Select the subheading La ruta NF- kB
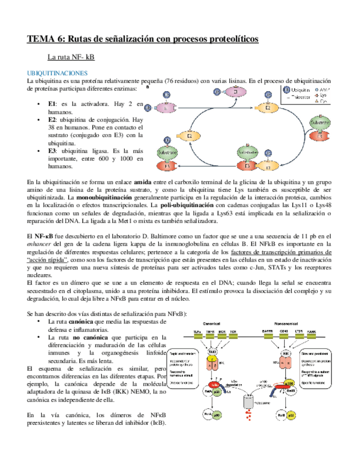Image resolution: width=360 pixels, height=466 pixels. click(x=71, y=57)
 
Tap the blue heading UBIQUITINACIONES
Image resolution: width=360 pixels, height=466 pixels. click(x=57, y=73)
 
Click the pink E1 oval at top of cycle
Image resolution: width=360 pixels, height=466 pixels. click(x=237, y=94)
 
